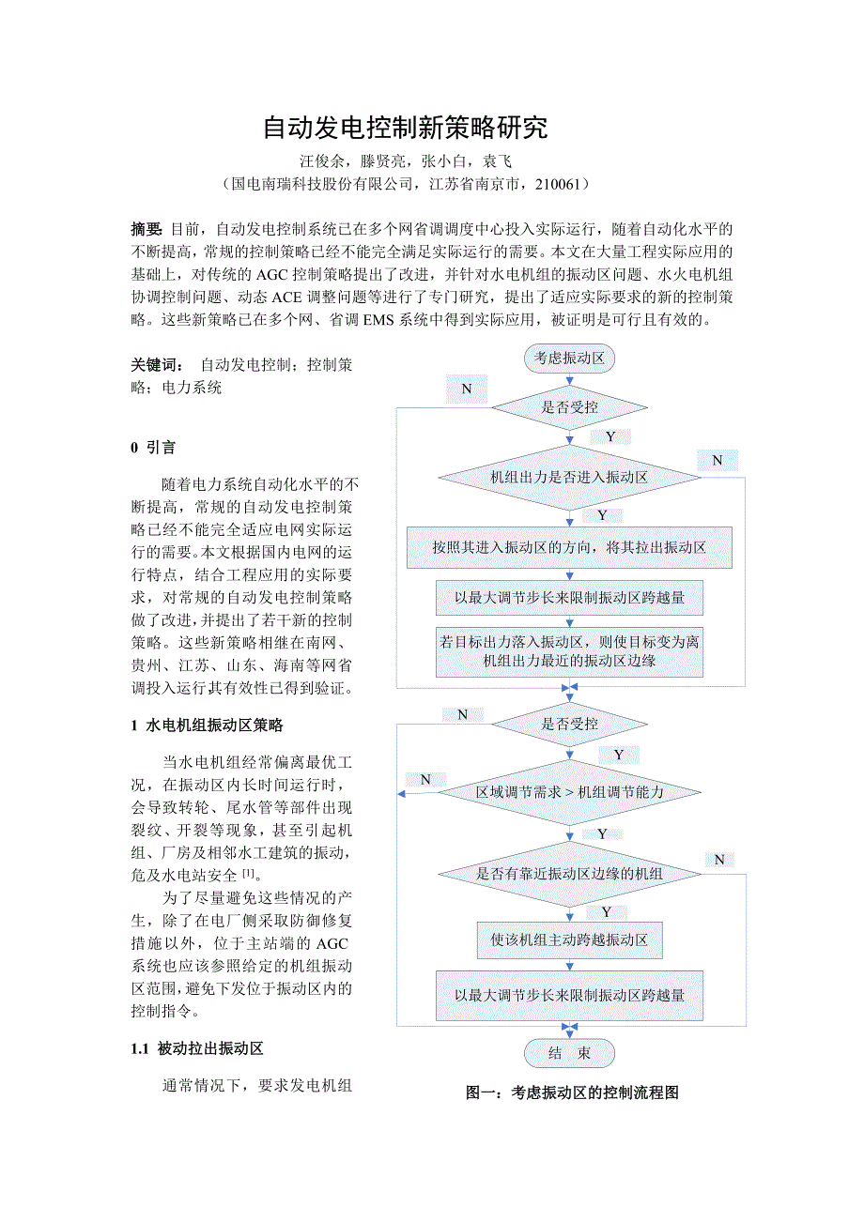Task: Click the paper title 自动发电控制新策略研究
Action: [x=404, y=129]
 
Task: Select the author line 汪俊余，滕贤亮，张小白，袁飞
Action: [x=405, y=161]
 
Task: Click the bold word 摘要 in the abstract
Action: [x=147, y=229]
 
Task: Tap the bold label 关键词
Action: [x=157, y=364]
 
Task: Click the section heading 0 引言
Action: [x=153, y=448]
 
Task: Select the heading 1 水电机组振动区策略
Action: [x=207, y=725]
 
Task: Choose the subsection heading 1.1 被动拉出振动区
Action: [x=197, y=1048]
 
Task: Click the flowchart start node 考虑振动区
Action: [x=569, y=358]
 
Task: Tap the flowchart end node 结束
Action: [x=569, y=1053]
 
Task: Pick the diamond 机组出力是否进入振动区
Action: [x=569, y=477]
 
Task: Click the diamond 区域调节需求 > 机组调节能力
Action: [x=569, y=793]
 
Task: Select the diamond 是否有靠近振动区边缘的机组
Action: [x=569, y=874]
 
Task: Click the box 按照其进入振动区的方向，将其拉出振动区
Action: [x=569, y=547]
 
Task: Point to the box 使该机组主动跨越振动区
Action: [x=569, y=939]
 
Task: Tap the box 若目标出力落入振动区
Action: [x=569, y=651]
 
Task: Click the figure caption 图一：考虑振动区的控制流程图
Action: [x=572, y=1092]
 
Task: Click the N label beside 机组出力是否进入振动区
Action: [x=717, y=460]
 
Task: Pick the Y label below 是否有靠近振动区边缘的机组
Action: [x=607, y=911]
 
